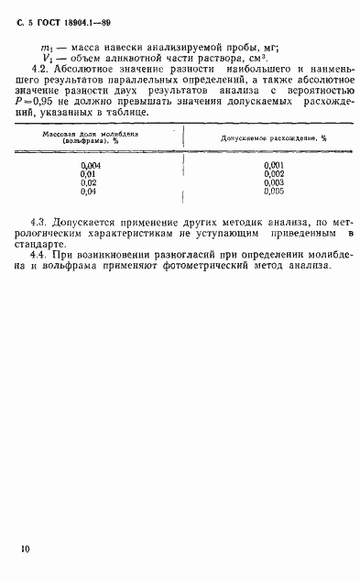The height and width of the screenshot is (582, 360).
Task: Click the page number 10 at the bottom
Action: click(24, 549)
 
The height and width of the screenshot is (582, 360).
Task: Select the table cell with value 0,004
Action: click(90, 165)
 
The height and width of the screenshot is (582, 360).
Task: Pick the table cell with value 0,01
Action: click(89, 174)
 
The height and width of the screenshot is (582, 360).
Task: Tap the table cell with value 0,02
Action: click(89, 182)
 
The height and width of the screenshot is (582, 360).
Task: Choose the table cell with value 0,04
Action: click(89, 192)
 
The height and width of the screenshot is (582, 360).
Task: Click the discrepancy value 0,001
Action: click(273, 165)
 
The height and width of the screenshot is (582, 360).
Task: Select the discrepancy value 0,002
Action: click(273, 174)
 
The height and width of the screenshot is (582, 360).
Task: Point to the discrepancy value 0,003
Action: click(273, 182)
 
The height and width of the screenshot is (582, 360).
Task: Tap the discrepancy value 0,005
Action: click(273, 192)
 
